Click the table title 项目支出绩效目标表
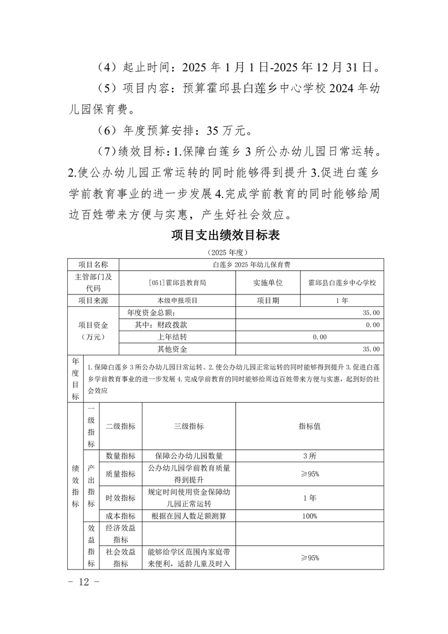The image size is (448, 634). [x=225, y=235]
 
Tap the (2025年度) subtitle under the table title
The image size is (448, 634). [x=225, y=251]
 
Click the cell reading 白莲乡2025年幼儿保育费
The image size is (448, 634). [x=251, y=264]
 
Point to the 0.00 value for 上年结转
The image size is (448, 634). [x=320, y=337]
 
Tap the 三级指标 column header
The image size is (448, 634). [x=189, y=427]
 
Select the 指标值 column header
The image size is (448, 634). [x=310, y=427]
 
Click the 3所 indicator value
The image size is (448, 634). [x=310, y=456]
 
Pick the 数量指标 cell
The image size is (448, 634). [x=120, y=456]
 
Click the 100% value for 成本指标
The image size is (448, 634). [x=310, y=516]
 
